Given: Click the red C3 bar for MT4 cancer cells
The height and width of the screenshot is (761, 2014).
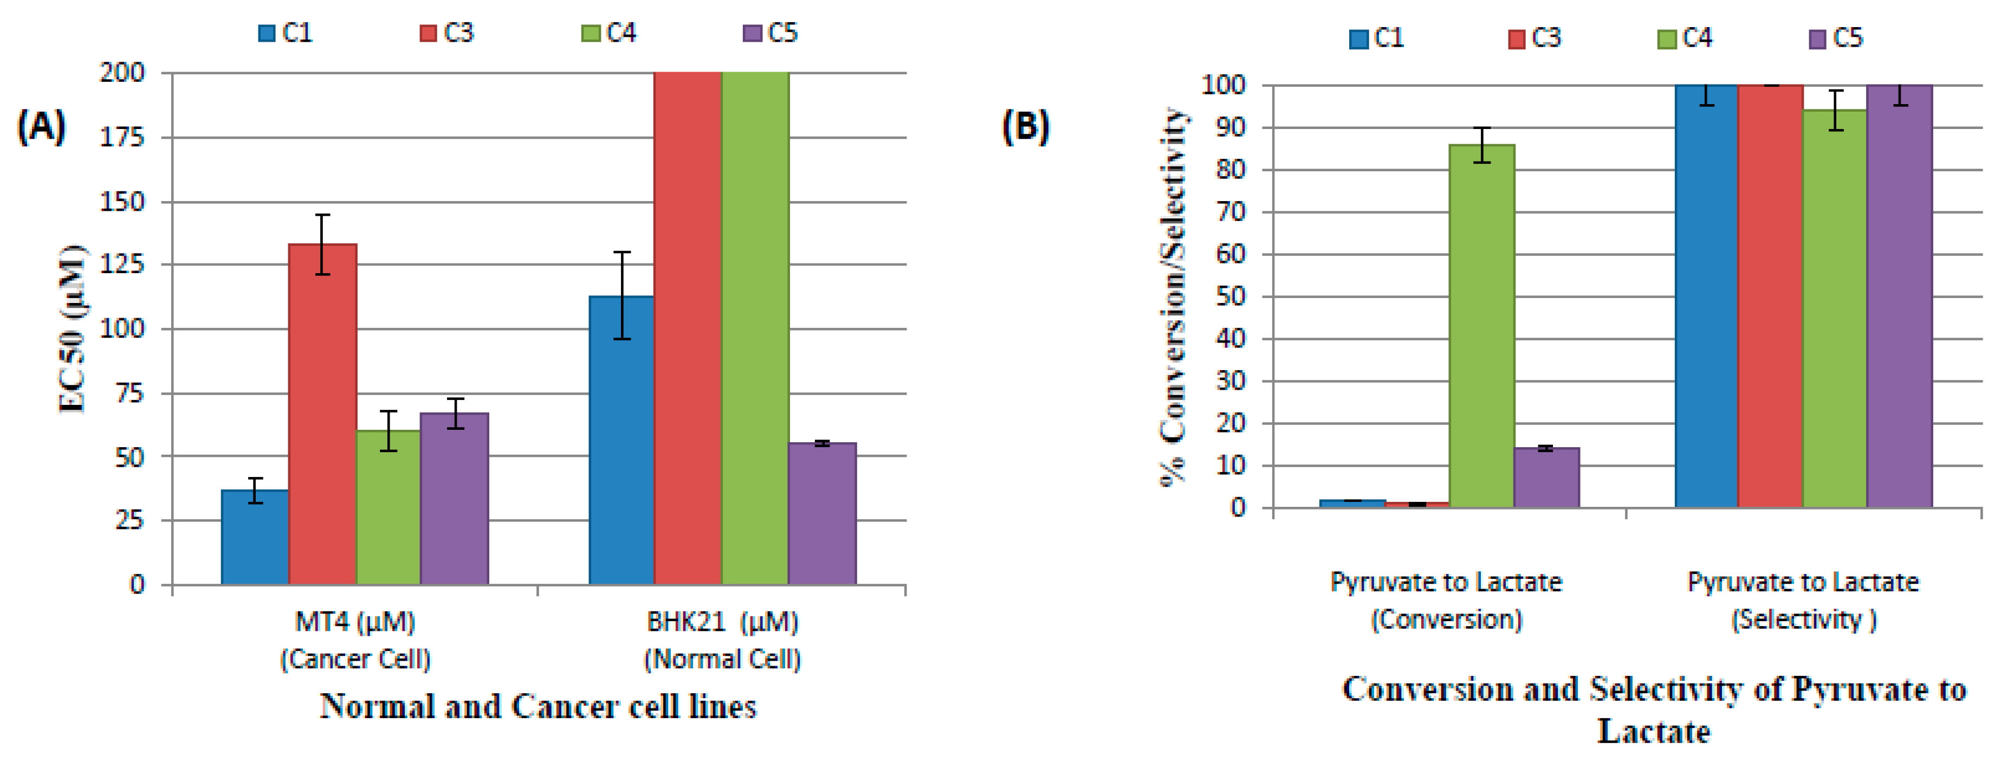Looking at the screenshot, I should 322,415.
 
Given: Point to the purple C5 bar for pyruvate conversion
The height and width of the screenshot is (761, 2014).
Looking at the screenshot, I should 1546,478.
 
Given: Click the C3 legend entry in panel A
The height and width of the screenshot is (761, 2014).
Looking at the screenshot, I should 446,33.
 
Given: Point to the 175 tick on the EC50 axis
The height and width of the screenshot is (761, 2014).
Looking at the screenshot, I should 123,138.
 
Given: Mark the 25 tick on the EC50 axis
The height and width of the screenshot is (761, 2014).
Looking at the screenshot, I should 129,520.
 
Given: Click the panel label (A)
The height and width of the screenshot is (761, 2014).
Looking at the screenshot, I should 41,127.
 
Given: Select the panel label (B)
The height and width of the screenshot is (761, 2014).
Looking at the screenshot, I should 1025,127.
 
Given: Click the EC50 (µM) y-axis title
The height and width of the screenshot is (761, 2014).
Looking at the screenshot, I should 73,328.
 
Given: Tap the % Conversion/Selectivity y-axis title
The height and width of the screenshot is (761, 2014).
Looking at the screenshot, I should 1173,297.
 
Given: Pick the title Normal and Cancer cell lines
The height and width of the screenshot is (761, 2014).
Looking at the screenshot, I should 538,706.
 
